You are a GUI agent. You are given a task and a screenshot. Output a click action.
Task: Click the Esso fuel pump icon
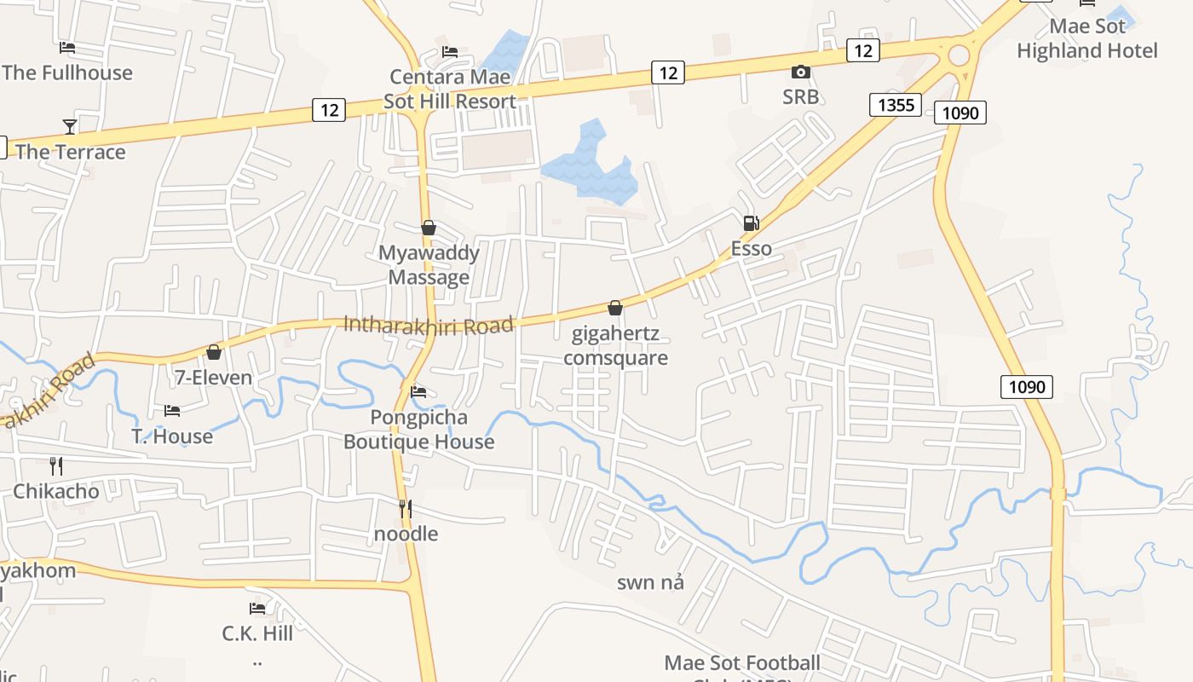click(x=751, y=223)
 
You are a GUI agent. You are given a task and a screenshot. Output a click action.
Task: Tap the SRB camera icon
click(x=800, y=72)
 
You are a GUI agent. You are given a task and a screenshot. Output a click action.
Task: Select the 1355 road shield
click(x=895, y=105)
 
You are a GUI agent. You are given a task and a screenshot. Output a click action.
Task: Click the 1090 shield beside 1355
click(x=960, y=112)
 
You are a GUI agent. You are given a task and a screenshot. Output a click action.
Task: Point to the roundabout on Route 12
click(x=960, y=56)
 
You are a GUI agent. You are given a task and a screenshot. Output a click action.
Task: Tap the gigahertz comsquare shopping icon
click(x=614, y=308)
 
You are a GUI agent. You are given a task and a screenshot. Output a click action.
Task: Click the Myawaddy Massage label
click(x=429, y=265)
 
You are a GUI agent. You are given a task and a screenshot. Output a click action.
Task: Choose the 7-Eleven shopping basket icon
click(x=214, y=352)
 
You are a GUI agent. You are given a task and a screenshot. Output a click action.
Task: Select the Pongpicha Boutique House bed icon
click(x=418, y=392)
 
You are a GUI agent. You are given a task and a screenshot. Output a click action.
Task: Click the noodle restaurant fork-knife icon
click(x=406, y=509)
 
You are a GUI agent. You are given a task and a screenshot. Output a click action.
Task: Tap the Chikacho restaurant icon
click(x=56, y=466)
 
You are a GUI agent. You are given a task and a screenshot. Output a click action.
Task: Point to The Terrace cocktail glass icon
click(x=70, y=127)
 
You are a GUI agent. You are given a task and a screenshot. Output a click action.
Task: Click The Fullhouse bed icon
click(x=67, y=48)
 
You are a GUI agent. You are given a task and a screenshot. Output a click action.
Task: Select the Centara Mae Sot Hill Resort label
click(x=450, y=89)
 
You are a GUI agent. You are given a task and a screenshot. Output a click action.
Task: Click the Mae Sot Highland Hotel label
click(x=1087, y=38)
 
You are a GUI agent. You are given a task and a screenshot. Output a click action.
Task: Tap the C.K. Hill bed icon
click(x=257, y=609)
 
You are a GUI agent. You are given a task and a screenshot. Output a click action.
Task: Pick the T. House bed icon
click(x=172, y=411)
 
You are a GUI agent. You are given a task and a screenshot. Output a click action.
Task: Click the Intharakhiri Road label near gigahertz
click(x=429, y=325)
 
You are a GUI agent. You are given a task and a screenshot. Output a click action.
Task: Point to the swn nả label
click(x=650, y=583)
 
